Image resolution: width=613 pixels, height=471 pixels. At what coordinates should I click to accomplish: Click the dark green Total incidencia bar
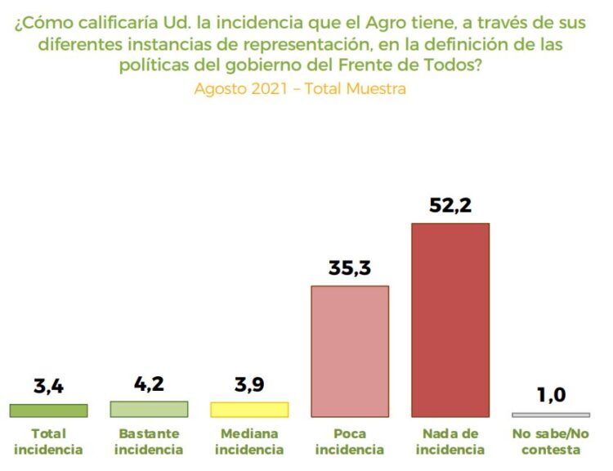tap(48, 410)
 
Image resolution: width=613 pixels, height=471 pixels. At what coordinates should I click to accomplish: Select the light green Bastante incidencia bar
tap(149, 409)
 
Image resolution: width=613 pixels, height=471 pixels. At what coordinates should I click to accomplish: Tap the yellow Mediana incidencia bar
tap(249, 410)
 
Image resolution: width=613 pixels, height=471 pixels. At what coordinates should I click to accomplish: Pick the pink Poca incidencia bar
tap(350, 352)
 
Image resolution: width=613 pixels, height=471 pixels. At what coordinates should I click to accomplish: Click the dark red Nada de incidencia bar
tap(450, 320)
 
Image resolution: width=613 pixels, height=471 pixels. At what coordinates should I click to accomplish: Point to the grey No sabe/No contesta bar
tap(551, 415)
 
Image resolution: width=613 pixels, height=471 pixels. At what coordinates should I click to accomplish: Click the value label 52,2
tap(450, 206)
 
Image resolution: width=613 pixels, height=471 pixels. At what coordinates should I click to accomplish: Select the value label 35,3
tap(350, 268)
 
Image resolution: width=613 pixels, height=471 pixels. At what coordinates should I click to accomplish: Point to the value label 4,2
tap(149, 384)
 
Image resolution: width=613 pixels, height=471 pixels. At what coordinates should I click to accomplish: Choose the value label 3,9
tap(249, 385)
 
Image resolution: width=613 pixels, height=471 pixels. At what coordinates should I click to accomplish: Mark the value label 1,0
tap(552, 396)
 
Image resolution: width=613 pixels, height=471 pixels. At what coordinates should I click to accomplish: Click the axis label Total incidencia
tap(48, 442)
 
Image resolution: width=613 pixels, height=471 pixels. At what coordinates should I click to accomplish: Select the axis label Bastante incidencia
tap(149, 442)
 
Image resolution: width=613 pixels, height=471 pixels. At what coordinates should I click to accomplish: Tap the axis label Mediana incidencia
tap(249, 442)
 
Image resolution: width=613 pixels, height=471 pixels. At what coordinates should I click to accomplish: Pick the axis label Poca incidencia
tap(350, 442)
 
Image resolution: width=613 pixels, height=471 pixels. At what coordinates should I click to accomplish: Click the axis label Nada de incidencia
tap(450, 442)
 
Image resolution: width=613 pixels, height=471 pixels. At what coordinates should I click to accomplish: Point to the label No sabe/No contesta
tap(551, 442)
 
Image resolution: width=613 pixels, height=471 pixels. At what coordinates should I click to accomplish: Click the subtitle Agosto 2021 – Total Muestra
tap(300, 88)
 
